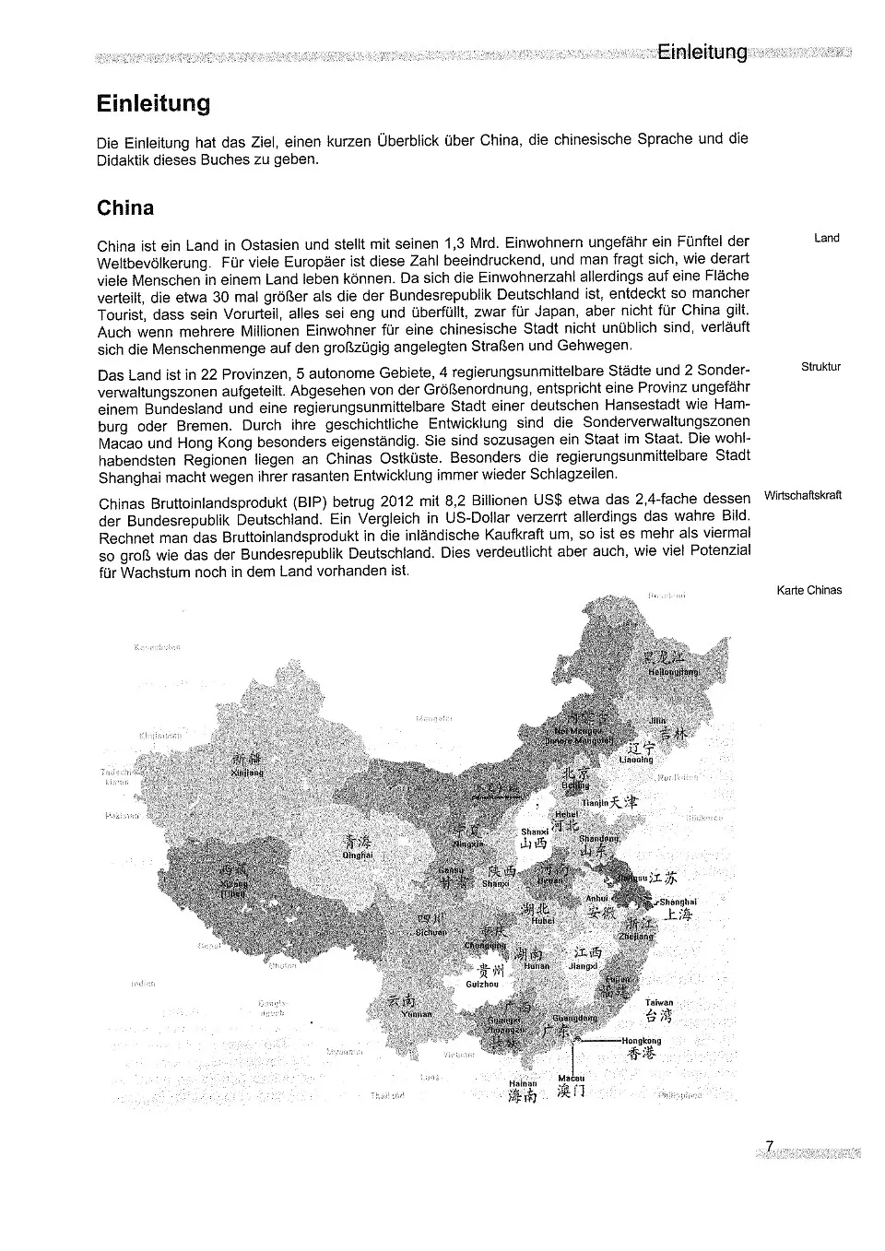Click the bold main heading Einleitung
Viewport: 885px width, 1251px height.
pyautogui.click(x=153, y=103)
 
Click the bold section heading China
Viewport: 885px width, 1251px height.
pyautogui.click(x=125, y=207)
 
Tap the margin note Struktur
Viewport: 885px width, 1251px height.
pyautogui.click(x=820, y=367)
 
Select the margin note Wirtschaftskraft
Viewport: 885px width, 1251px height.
pyautogui.click(x=803, y=495)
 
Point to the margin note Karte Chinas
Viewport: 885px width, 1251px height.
pyautogui.click(x=809, y=590)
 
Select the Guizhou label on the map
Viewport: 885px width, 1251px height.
pyautogui.click(x=482, y=984)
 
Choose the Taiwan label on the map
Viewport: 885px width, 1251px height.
pyautogui.click(x=659, y=1002)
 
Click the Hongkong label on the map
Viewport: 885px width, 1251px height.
pyautogui.click(x=641, y=1041)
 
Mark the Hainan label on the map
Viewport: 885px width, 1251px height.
pyautogui.click(x=523, y=1084)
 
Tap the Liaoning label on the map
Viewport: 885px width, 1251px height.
pyautogui.click(x=636, y=760)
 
